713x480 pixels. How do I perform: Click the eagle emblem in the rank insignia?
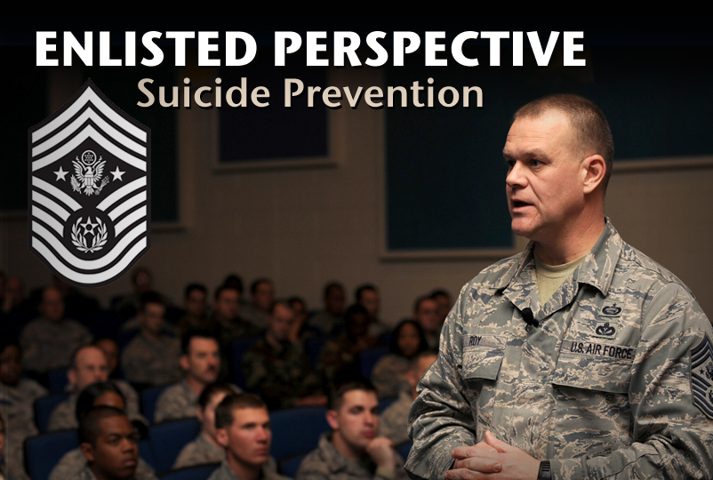[x=89, y=171]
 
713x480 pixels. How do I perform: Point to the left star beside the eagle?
[x=60, y=173]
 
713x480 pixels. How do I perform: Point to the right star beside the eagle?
[x=117, y=173]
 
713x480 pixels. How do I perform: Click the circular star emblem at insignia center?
[x=89, y=233]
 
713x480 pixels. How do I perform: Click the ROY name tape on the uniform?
[x=477, y=340]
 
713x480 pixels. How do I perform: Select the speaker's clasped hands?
[x=488, y=459]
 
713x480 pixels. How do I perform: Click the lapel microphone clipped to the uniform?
[x=528, y=316]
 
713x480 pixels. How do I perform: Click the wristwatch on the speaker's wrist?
[x=544, y=469]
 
